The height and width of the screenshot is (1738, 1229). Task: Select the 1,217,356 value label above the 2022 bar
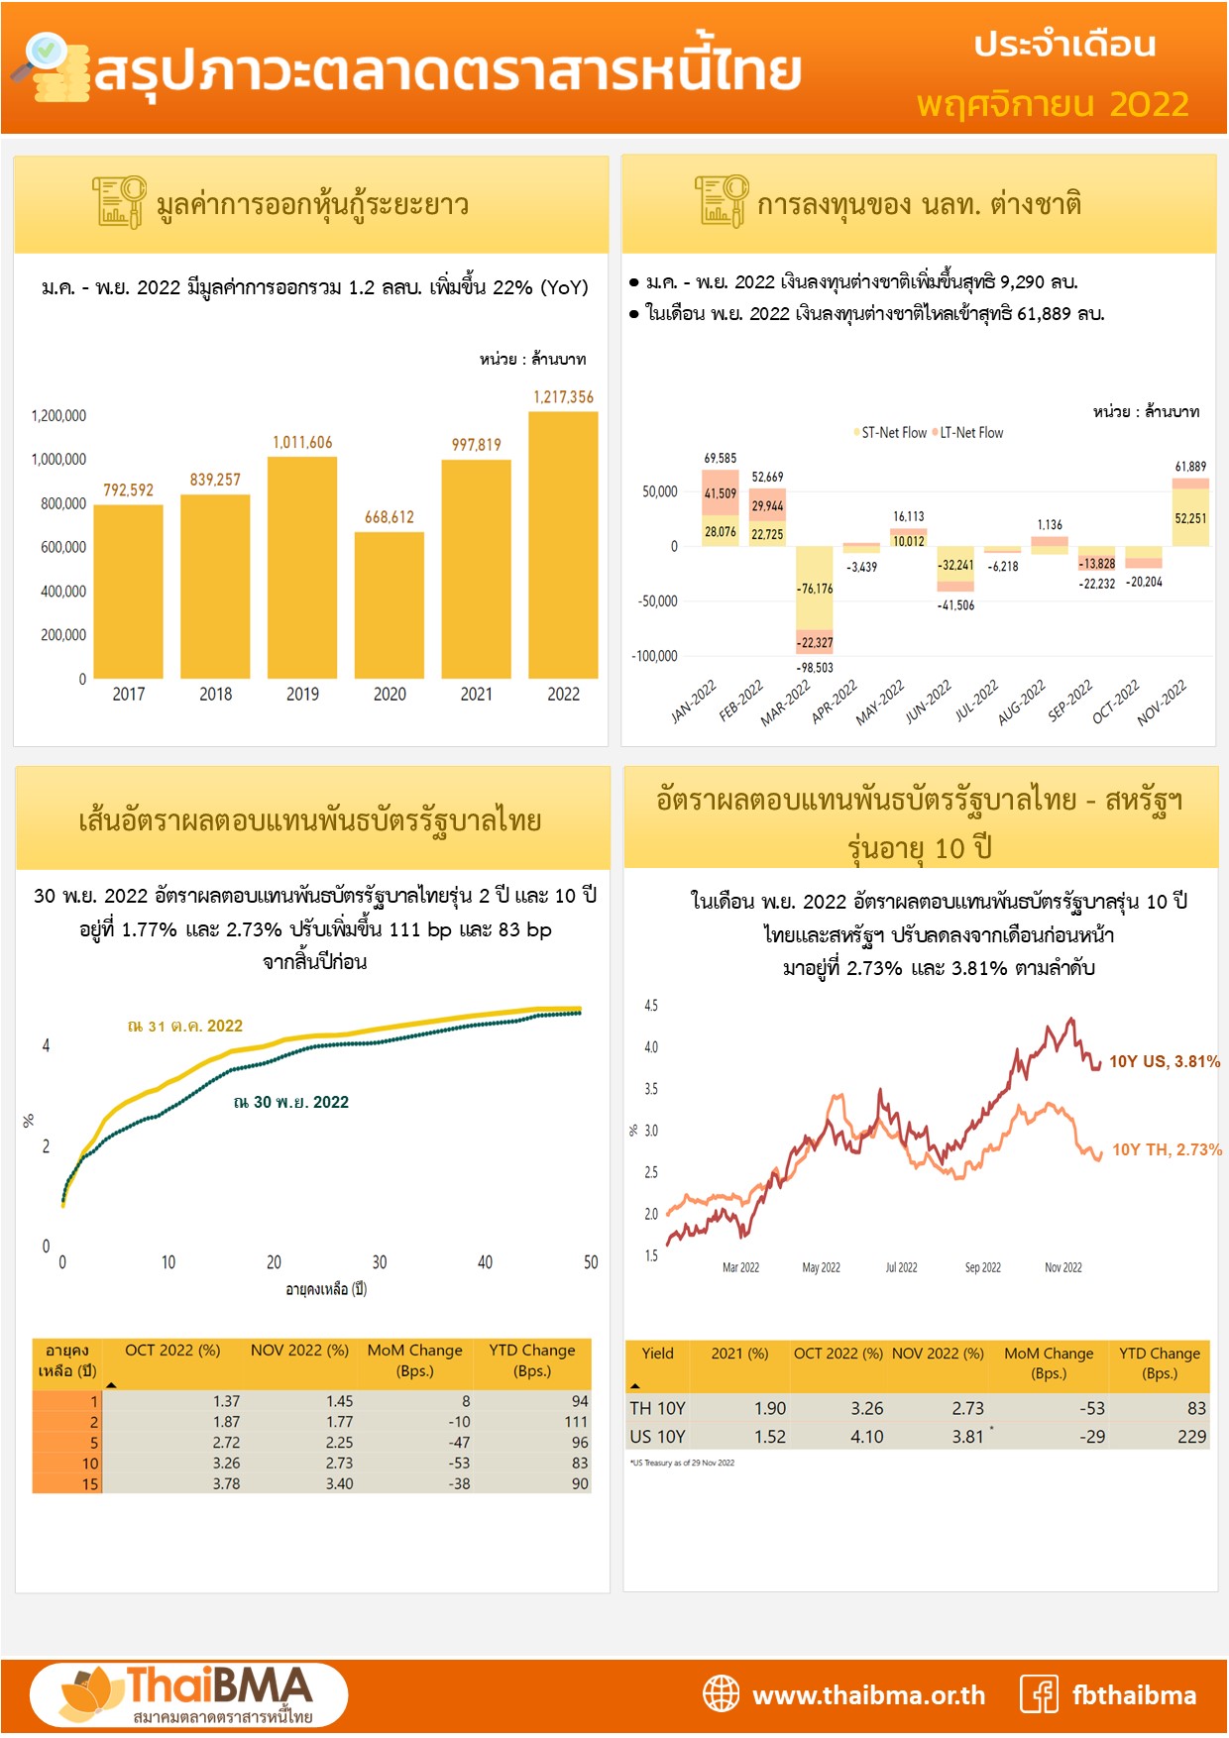pyautogui.click(x=563, y=397)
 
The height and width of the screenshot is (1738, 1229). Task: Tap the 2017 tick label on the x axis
pyautogui.click(x=129, y=695)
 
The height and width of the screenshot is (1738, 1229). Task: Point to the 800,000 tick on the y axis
pyautogui.click(x=63, y=503)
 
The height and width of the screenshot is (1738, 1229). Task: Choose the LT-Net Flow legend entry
pyautogui.click(x=970, y=433)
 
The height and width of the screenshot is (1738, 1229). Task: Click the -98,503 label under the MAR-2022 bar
pyautogui.click(x=815, y=668)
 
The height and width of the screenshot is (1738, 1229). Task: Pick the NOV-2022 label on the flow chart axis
pyautogui.click(x=1161, y=704)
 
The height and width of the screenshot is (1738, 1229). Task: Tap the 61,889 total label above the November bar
pyautogui.click(x=1190, y=467)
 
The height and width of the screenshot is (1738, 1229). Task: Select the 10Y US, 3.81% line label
pyautogui.click(x=1164, y=1061)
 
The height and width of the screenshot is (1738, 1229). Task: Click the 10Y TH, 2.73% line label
pyautogui.click(x=1166, y=1149)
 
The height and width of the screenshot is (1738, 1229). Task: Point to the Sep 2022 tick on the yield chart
pyautogui.click(x=982, y=1267)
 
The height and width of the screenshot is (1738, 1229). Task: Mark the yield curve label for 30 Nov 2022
pyautogui.click(x=291, y=1102)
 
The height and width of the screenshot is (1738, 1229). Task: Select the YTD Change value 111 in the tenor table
pyautogui.click(x=576, y=1422)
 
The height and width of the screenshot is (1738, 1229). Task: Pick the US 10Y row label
pyautogui.click(x=657, y=1437)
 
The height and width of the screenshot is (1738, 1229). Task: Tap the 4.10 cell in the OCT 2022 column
pyautogui.click(x=866, y=1437)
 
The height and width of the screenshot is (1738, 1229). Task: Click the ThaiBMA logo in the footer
pyautogui.click(x=188, y=1694)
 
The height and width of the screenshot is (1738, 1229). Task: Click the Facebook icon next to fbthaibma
pyautogui.click(x=1039, y=1694)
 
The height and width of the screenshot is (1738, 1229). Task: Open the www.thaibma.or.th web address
pyautogui.click(x=868, y=1695)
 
